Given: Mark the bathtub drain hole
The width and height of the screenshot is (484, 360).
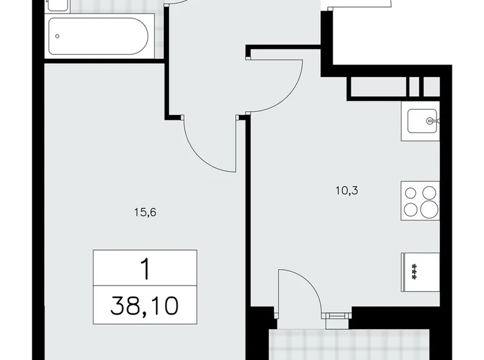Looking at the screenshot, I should click(58, 35).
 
